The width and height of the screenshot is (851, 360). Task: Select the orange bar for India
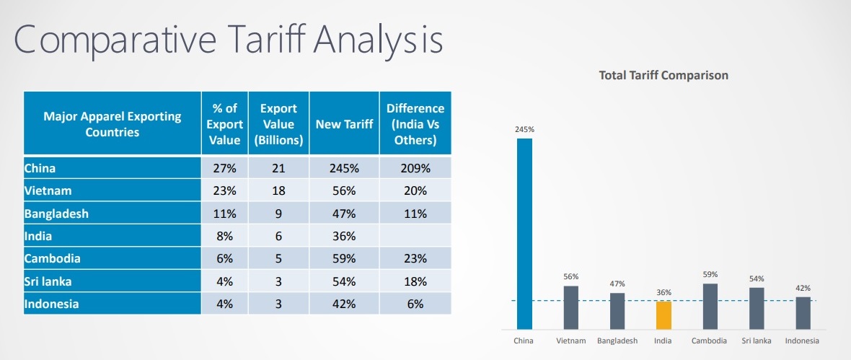tap(663, 315)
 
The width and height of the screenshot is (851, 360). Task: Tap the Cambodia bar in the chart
tap(710, 306)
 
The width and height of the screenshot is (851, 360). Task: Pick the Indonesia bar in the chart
tap(803, 312)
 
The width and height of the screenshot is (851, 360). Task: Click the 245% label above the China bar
tap(524, 130)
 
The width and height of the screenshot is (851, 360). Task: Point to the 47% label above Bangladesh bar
tap(617, 284)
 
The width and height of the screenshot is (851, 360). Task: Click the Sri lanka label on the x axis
tap(757, 341)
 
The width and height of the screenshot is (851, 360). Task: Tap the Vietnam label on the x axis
tap(570, 341)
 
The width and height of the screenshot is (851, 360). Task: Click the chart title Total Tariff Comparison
tap(663, 75)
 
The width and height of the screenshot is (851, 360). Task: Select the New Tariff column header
tap(344, 124)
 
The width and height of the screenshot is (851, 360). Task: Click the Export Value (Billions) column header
tap(278, 124)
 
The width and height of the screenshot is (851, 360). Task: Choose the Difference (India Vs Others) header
tap(415, 124)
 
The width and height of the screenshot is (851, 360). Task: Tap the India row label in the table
tap(39, 236)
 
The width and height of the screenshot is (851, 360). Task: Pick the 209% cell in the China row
tap(415, 168)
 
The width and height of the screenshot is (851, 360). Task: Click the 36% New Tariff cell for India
tap(344, 236)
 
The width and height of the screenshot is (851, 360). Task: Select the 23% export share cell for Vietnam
tap(224, 191)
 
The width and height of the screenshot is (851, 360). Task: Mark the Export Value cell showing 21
tap(278, 168)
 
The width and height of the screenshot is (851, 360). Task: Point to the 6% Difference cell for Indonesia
tap(415, 304)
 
